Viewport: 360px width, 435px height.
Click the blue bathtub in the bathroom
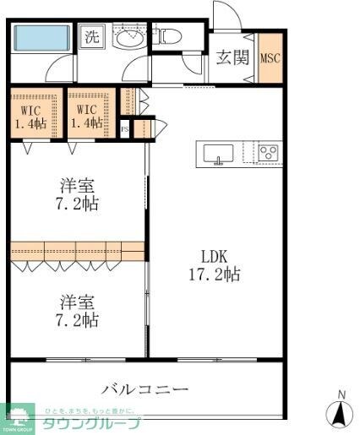click(x=43, y=38)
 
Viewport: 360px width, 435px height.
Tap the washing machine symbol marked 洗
click(x=90, y=37)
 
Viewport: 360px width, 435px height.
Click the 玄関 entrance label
click(x=232, y=57)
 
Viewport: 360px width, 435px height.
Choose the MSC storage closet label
click(x=270, y=58)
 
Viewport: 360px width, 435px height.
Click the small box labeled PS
click(x=125, y=129)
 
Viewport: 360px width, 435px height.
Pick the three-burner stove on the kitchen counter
click(x=268, y=153)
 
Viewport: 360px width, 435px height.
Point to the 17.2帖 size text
click(x=214, y=275)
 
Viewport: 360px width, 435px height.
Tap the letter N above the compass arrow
click(x=341, y=394)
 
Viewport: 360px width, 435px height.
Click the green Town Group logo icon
click(x=18, y=413)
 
